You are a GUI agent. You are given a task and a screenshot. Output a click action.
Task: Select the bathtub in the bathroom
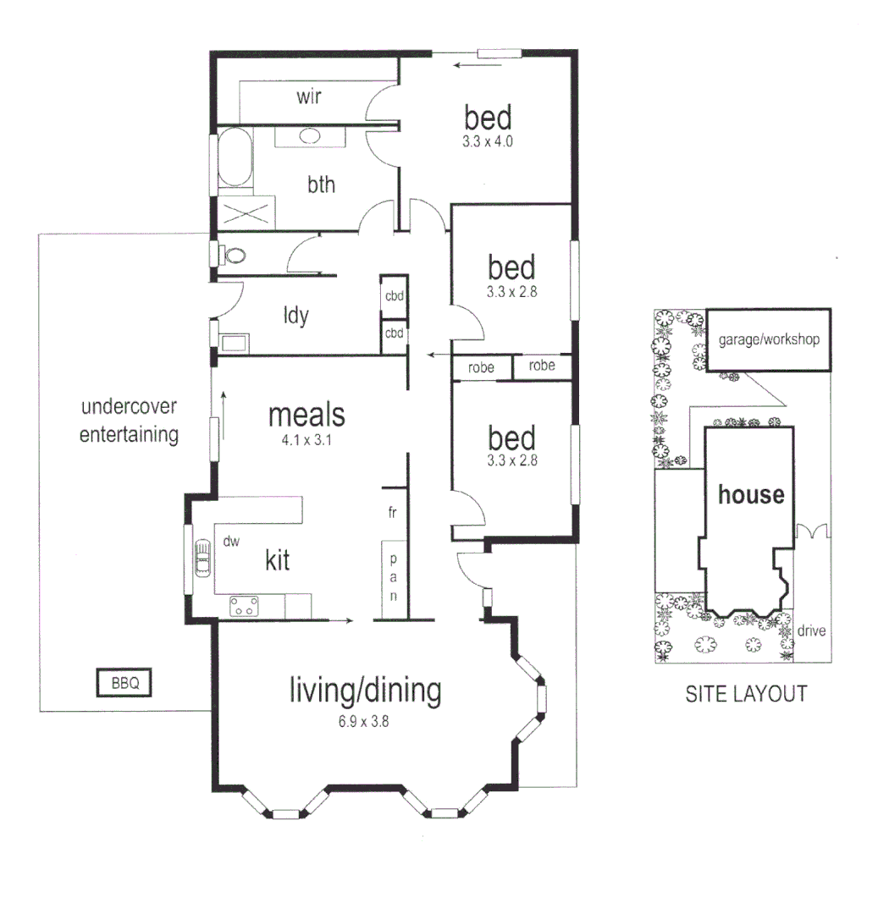pos(235,158)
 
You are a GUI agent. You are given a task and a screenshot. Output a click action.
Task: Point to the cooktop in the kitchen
pos(245,605)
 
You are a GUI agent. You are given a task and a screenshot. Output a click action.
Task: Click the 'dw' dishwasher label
pos(230,539)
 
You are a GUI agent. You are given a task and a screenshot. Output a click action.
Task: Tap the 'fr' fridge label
pos(393,513)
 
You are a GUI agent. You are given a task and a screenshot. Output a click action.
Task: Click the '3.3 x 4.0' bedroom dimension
pos(489,142)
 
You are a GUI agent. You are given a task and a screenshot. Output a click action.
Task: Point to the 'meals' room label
pos(306,416)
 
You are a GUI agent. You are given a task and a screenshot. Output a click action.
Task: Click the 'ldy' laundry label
pos(295,316)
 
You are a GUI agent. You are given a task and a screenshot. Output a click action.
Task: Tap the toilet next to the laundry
pos(231,254)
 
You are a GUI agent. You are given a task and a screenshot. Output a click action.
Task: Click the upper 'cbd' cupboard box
pos(395,296)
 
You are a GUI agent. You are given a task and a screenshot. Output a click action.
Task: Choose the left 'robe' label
pos(481,367)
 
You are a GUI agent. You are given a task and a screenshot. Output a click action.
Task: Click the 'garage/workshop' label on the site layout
pos(769,340)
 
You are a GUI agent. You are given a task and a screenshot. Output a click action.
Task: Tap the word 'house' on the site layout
pos(751,494)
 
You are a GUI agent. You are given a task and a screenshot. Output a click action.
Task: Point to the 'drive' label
pos(811,630)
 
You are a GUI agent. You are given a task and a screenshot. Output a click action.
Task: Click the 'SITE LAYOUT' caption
pos(745,694)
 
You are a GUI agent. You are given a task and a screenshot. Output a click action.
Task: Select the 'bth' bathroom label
pos(321,184)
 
